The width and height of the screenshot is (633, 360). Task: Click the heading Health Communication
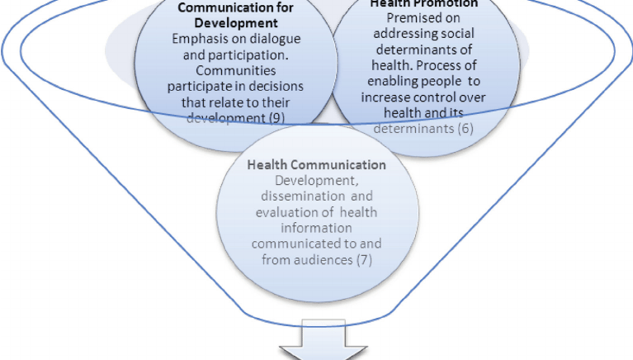(x=317, y=164)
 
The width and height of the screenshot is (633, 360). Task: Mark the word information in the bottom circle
(x=316, y=230)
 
